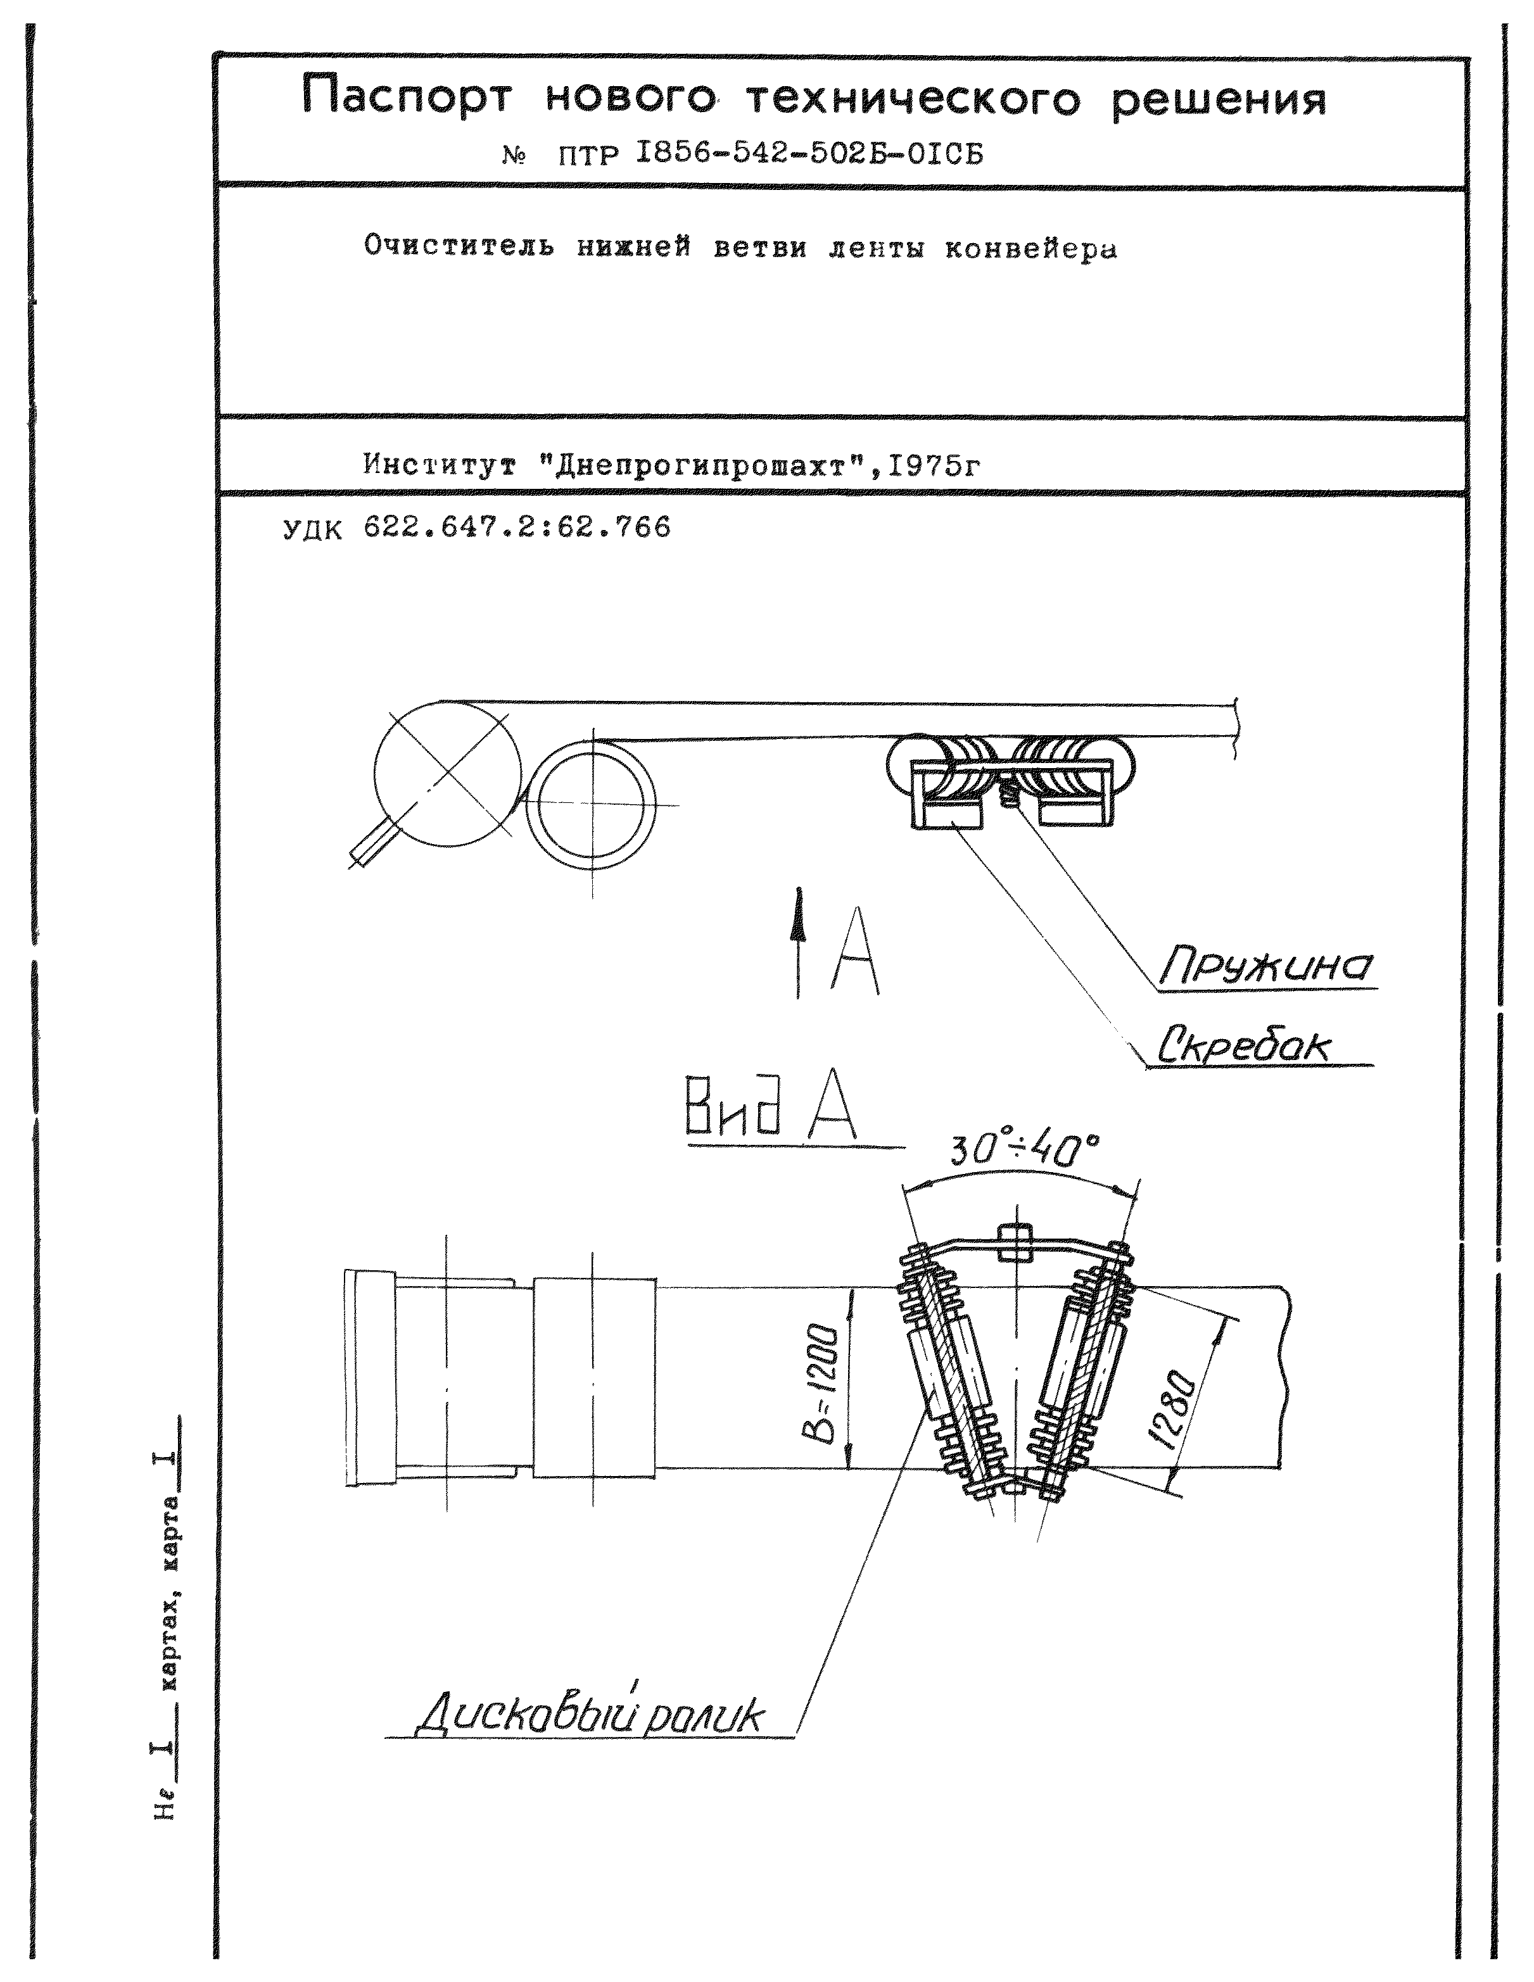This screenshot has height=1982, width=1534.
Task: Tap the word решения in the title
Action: [x=1219, y=100]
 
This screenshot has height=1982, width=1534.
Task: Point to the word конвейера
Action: [x=1030, y=249]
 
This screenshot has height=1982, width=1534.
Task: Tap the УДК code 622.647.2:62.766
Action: [x=516, y=527]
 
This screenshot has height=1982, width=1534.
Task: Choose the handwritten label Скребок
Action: [x=1243, y=1047]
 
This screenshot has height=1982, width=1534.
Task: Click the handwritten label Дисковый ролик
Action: [x=590, y=1715]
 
